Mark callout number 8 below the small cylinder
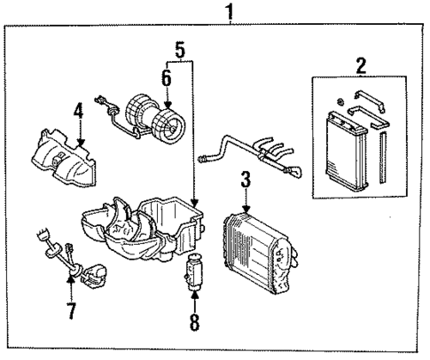(x=192, y=320)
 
